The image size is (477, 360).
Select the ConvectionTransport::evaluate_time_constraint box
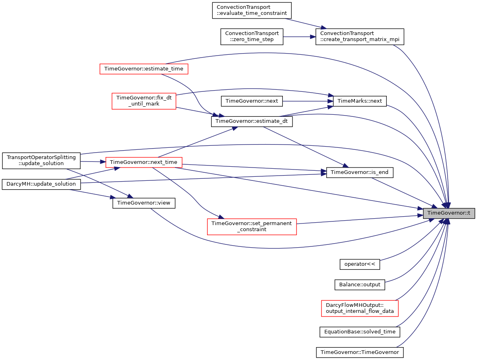[x=251, y=10]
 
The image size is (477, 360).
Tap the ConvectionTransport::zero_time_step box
[x=252, y=37]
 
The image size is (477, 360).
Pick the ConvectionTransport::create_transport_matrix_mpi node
[x=360, y=37]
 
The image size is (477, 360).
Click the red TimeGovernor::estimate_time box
[x=143, y=69]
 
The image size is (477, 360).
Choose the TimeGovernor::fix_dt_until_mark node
[x=144, y=101]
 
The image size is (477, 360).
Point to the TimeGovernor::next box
[x=251, y=101]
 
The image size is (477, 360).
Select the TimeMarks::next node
[x=360, y=101]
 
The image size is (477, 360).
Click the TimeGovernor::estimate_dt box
[x=251, y=121]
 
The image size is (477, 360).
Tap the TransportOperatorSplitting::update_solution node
[x=41, y=161]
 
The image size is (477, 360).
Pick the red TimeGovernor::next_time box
[x=143, y=162]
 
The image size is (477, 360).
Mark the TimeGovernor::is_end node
[x=360, y=172]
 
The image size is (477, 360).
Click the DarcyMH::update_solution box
[x=41, y=184]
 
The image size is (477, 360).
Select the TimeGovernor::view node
[x=143, y=203]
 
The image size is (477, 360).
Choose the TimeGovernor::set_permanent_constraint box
[x=251, y=227]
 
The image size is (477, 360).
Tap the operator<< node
[x=360, y=264]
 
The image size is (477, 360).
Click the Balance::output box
[x=360, y=285]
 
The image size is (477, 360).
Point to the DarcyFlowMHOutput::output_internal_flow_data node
[x=360, y=308]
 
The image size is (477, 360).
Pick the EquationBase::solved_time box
[x=360, y=332]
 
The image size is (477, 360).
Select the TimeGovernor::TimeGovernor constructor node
[x=360, y=352]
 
